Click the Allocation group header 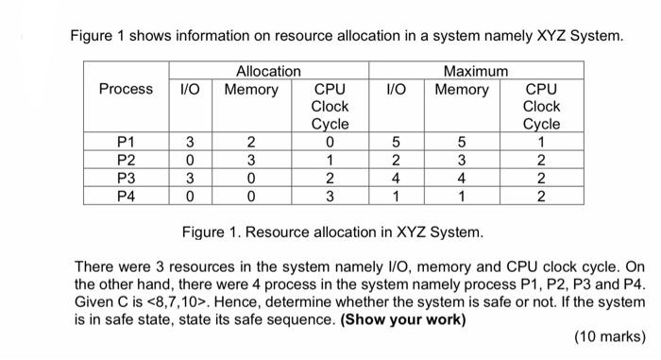click(x=268, y=71)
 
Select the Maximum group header click(x=476, y=71)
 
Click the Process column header click(x=126, y=89)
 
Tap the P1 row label click(x=126, y=142)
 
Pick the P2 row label click(x=126, y=160)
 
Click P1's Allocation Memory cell click(x=250, y=142)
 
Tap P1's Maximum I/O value click(x=396, y=142)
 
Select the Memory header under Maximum click(x=462, y=89)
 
